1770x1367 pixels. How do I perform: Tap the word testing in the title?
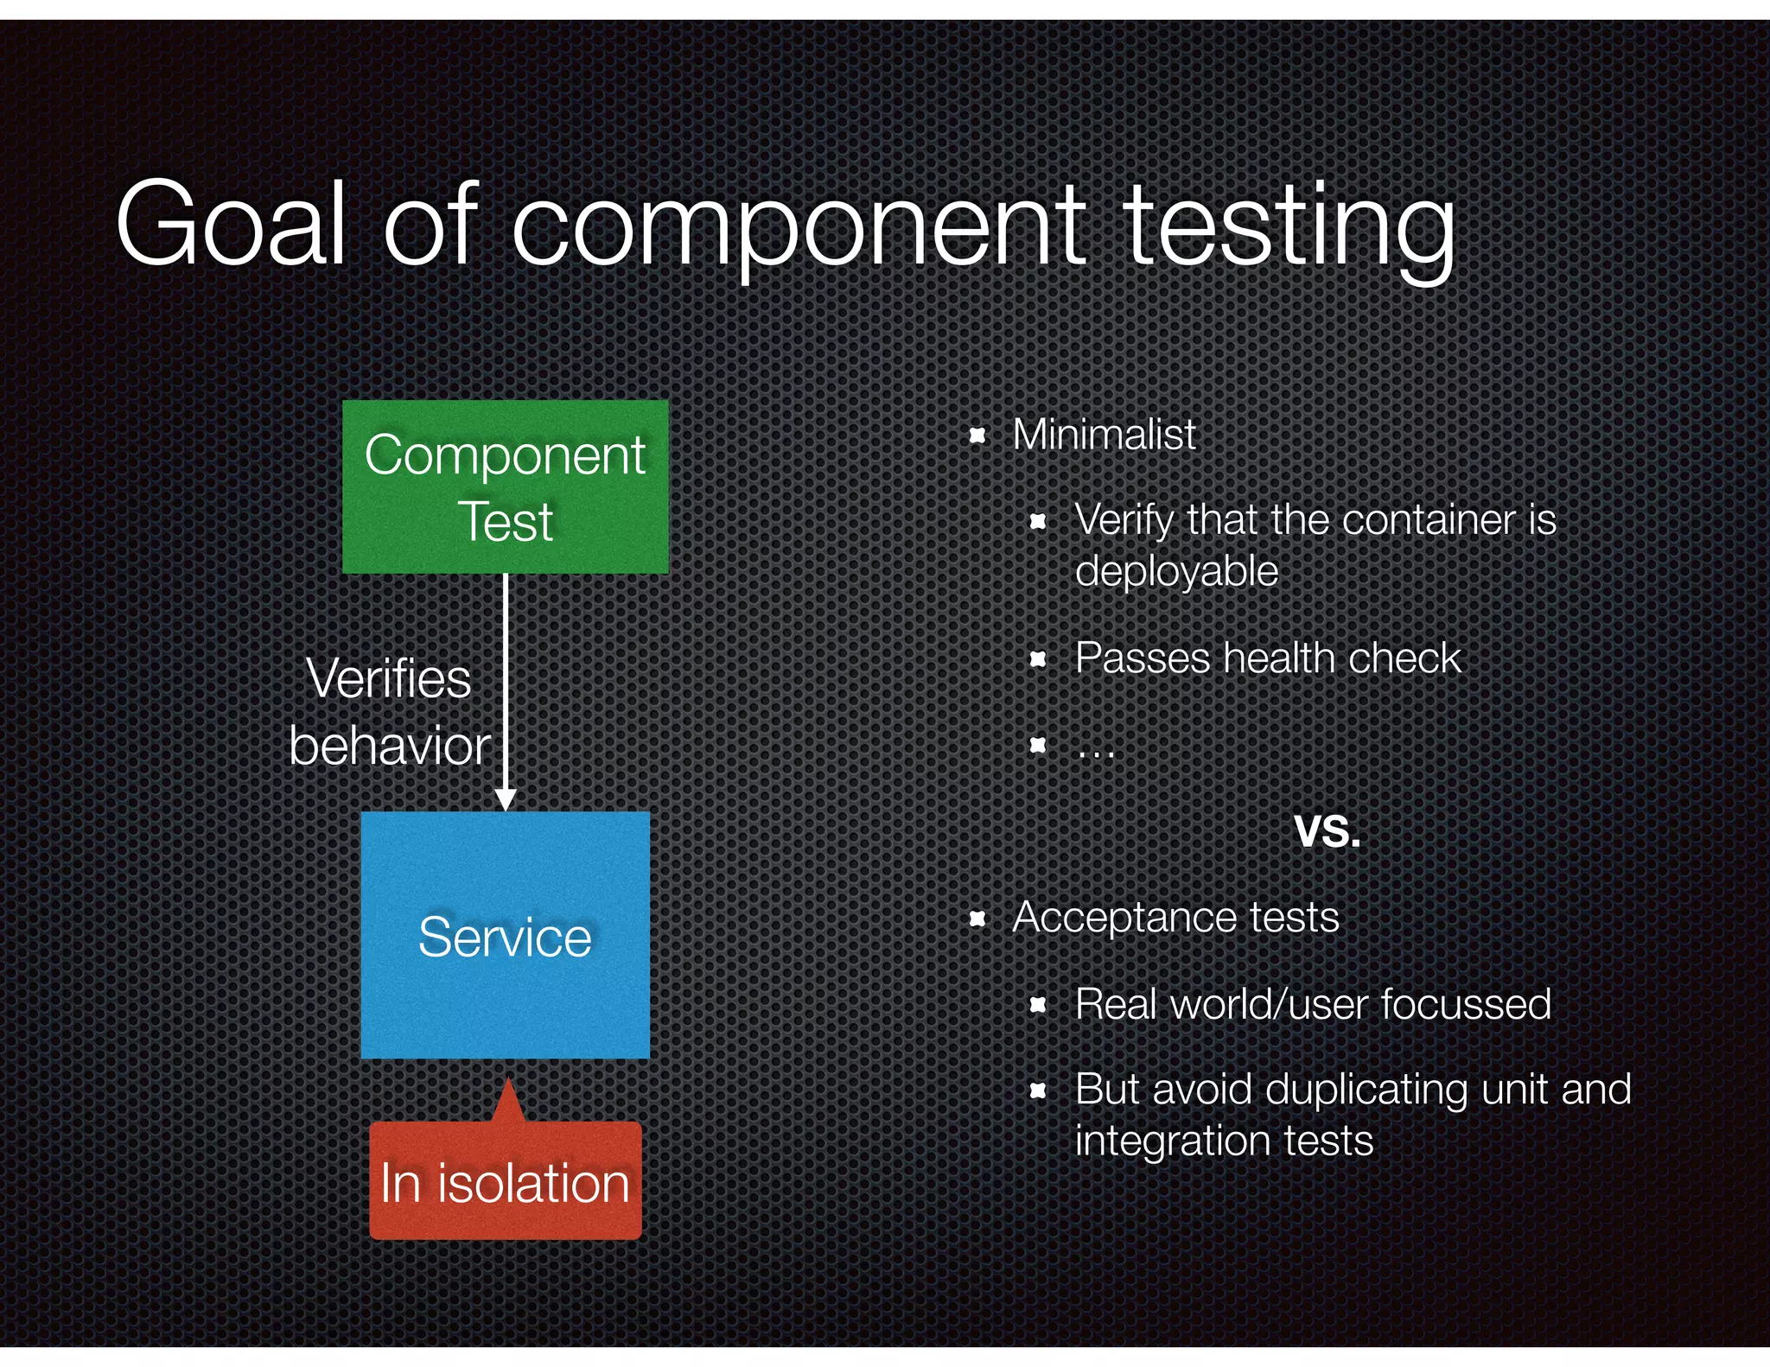tap(1289, 226)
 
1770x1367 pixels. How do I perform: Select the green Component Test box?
tap(506, 486)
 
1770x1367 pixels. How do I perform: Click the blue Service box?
tap(506, 935)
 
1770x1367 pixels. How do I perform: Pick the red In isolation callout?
tap(506, 1180)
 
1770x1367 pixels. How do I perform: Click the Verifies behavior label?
tap(390, 711)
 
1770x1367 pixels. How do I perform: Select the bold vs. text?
tap(1327, 830)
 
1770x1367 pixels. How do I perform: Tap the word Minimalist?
tap(1104, 434)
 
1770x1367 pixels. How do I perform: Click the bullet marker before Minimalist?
tap(977, 436)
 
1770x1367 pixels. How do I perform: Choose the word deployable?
tap(1176, 571)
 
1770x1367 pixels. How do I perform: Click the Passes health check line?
tap(1267, 658)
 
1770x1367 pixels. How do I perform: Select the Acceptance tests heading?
tap(1175, 917)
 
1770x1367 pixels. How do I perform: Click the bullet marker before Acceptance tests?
tap(977, 919)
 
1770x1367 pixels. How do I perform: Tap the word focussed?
tap(1466, 1004)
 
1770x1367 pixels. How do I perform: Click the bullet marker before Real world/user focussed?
tap(1039, 1005)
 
